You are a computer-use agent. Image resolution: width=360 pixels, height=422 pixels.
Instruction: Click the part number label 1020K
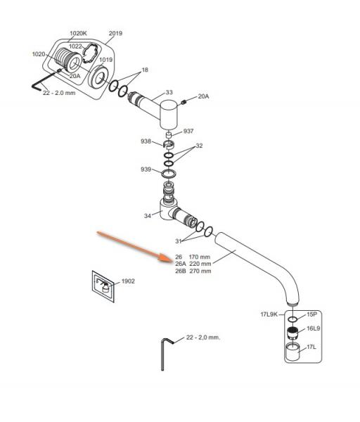pos(78,33)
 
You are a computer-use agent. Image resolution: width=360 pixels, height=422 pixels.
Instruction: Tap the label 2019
pos(115,33)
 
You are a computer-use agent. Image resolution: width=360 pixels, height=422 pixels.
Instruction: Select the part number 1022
pos(75,46)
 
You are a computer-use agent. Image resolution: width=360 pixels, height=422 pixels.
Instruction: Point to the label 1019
pos(105,60)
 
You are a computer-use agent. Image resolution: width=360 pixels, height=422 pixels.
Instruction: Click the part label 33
pos(169,92)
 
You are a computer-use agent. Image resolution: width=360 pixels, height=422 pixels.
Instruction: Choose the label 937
pos(188,131)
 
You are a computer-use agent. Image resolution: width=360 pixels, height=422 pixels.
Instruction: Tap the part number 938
pos(146,141)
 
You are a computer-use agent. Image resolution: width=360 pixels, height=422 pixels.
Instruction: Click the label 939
pos(146,170)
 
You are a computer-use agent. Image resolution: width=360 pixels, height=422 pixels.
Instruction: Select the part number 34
pos(148,216)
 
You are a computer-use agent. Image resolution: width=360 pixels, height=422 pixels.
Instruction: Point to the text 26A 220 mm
pos(193,264)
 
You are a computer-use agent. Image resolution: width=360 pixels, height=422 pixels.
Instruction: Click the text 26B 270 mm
pos(193,271)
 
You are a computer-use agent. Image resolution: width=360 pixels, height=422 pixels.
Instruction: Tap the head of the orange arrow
pos(171,261)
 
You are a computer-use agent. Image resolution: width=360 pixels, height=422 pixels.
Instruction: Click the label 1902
pos(128,281)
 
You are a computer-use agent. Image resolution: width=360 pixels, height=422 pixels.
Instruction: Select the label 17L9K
pos(269,314)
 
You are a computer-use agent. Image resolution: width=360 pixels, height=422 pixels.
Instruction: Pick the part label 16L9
pos(313,328)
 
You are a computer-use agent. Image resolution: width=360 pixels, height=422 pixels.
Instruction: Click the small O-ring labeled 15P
pos(292,319)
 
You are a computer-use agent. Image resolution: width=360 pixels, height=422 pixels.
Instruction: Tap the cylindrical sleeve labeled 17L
pos(292,352)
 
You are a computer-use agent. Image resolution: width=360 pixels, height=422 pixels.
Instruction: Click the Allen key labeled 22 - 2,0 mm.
pos(163,355)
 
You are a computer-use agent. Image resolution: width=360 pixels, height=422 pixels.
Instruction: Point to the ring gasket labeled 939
pos(169,174)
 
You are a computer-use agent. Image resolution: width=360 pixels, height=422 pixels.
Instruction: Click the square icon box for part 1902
pos(103,286)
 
